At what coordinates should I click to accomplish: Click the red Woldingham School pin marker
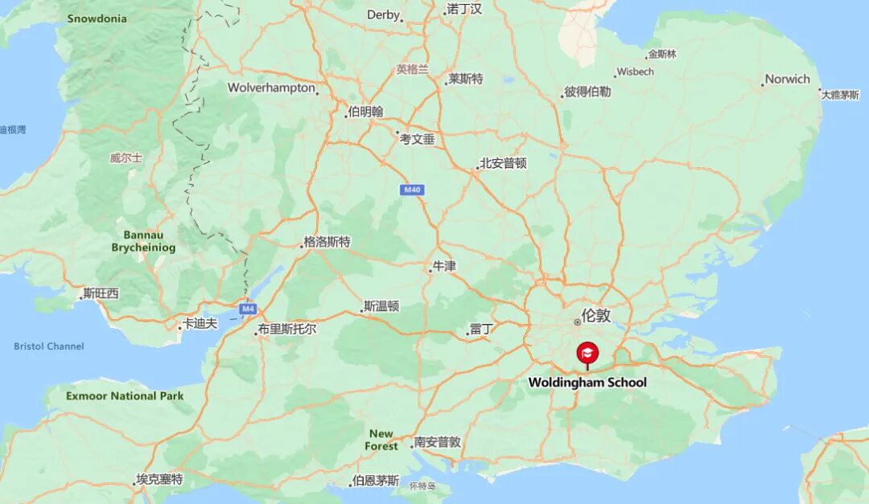coord(587,353)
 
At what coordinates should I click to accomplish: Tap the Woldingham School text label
coord(587,383)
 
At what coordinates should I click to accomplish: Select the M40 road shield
coord(412,190)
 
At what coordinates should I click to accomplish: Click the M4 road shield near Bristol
coord(247,309)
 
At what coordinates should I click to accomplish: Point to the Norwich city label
coord(787,79)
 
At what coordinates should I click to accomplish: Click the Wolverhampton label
coord(271,88)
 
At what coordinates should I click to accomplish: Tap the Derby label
coord(383,14)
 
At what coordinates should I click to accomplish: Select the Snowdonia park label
coord(97,18)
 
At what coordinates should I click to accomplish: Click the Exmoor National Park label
coord(125,395)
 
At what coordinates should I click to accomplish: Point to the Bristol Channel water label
coord(48,346)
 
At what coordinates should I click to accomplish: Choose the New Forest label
coord(381,440)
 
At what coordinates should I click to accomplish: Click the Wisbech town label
coord(635,72)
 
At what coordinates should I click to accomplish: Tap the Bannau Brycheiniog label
coord(143,241)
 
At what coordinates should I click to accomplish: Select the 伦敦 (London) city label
coord(595,315)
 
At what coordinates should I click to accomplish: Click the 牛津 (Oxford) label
coord(444,265)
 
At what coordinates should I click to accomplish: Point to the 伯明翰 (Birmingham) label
coord(365,112)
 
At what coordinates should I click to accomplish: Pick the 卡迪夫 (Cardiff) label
coord(200,323)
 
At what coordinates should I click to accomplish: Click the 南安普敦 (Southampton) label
coord(437,442)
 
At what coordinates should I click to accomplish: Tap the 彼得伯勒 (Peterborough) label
coord(587,92)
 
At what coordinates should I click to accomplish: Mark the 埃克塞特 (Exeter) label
coord(159,480)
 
